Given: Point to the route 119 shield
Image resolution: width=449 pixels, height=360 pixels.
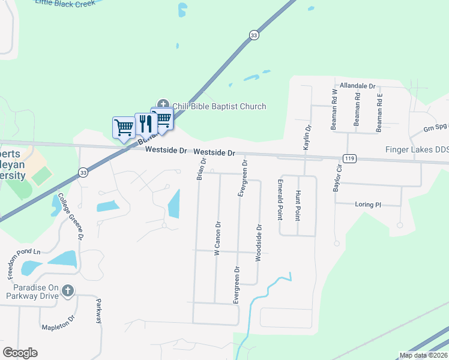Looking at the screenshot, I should point(349,158).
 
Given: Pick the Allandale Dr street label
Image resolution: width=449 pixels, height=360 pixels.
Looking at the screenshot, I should point(357,86).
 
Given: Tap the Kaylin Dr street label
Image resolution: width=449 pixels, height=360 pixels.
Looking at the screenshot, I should point(308,138).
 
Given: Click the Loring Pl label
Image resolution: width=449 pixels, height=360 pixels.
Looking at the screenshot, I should point(368,205).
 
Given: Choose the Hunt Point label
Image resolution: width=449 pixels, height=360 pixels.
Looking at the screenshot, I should point(297,205).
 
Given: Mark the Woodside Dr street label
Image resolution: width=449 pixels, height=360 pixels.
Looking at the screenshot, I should point(259,244).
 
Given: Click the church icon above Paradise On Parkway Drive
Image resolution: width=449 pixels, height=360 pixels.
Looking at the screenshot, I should point(67,290).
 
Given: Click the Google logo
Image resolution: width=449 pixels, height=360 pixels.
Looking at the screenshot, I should point(20,353).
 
